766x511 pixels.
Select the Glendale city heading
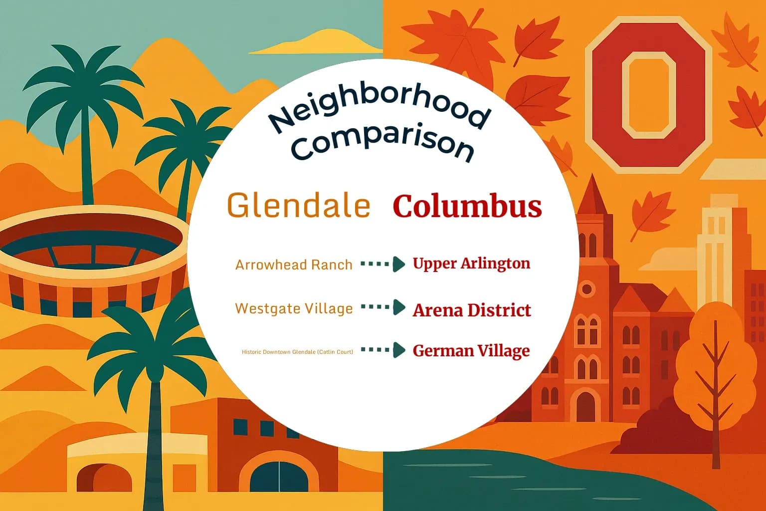[x=299, y=205]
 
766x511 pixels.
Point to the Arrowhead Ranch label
[x=294, y=264]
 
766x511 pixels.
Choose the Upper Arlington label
[x=471, y=263]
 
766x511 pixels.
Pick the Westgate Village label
[x=294, y=308]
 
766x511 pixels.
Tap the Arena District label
[x=472, y=310]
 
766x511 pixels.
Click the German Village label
[x=471, y=351]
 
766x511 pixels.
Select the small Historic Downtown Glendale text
[x=297, y=352]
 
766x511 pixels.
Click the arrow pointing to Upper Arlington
[x=383, y=264]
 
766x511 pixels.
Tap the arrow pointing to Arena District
[x=383, y=307]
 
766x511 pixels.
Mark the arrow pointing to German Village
[x=383, y=350]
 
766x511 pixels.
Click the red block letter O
[x=648, y=95]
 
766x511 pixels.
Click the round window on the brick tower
[x=587, y=289]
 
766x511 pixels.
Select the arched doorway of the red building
[x=585, y=406]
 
